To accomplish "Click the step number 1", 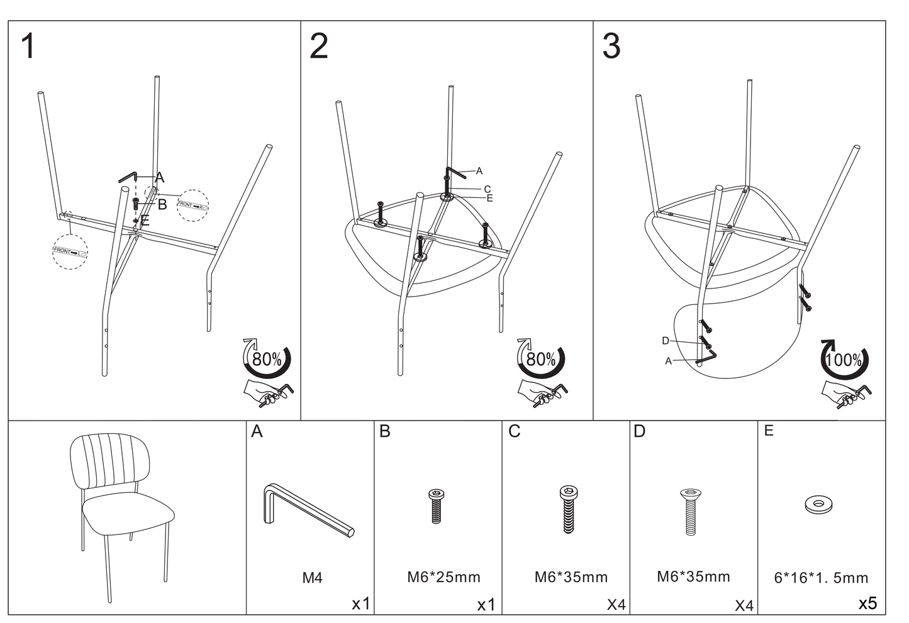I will (28, 47).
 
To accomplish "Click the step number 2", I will (319, 47).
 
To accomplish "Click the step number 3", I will (611, 47).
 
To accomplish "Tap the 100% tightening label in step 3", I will (844, 360).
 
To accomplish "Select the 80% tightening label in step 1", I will (267, 360).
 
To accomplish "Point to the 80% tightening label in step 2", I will (541, 360).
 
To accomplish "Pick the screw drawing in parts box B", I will (435, 506).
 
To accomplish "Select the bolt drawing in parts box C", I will (568, 509).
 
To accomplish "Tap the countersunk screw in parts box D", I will (690, 511).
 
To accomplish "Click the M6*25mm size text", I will (443, 576).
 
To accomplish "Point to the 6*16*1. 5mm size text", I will (820, 578).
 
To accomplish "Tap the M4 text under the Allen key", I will (312, 577).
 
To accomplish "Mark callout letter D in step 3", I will (666, 341).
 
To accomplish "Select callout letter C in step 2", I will (487, 189).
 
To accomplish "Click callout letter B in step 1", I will (162, 204).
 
